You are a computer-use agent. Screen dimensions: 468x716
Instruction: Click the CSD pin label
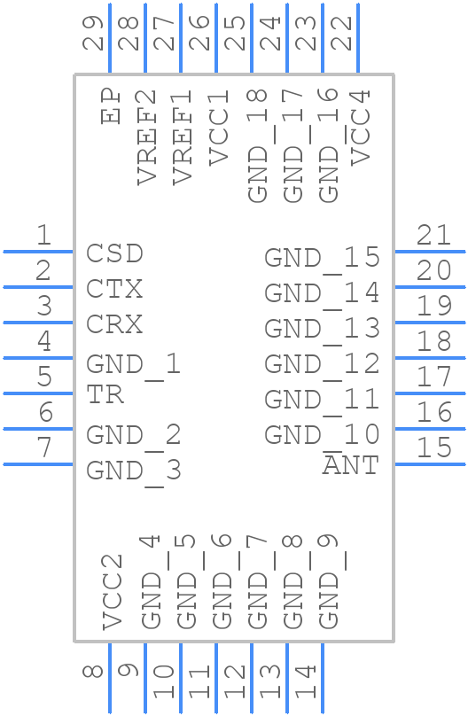114,253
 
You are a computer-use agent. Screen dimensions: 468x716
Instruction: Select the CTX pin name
114,289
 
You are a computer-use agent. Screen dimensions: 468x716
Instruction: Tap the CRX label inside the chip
114,324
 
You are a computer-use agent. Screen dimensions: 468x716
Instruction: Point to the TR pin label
105,395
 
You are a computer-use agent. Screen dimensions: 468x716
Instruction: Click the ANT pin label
351,465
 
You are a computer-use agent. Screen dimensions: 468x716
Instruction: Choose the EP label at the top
111,106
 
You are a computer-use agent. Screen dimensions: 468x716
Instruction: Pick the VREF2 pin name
146,137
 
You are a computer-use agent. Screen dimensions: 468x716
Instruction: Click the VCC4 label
360,128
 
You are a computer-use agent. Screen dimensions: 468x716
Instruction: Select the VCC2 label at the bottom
112,592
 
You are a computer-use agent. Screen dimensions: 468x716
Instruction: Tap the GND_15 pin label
322,258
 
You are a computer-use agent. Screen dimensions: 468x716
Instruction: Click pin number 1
43,235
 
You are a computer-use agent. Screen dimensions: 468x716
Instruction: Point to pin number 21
433,235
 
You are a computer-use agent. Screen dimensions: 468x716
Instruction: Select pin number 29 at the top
93,33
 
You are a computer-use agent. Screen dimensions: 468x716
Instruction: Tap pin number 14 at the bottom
306,681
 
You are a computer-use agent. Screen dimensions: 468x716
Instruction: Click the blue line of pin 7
38,464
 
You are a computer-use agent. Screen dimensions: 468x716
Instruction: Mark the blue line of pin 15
430,464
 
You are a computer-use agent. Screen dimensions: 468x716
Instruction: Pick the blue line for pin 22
358,38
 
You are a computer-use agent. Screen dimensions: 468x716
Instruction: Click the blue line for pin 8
110,678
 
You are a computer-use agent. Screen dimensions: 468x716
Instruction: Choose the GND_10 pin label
322,435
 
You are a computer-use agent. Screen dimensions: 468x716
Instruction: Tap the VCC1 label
219,128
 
